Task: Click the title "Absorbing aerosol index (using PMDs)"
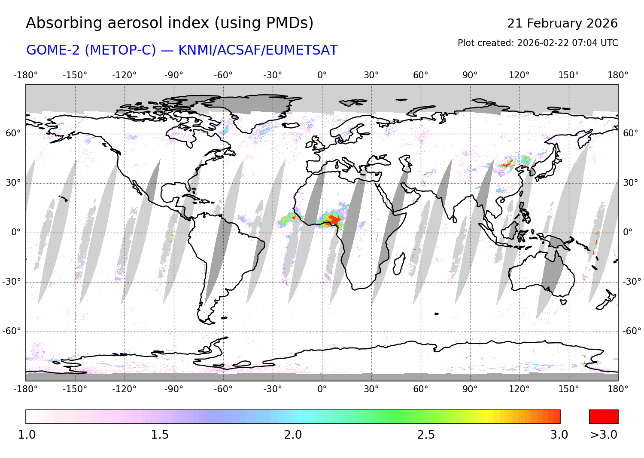click(170, 23)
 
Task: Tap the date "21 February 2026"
click(562, 23)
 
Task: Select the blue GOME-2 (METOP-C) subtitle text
click(182, 50)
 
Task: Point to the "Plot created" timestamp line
click(538, 43)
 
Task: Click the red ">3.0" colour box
click(604, 417)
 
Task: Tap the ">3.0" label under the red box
click(604, 435)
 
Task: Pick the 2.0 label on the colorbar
click(293, 435)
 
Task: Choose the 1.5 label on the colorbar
click(160, 435)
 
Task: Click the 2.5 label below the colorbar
click(426, 435)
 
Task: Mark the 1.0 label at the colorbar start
click(27, 435)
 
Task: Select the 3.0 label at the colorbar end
click(559, 435)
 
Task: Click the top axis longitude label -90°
click(173, 75)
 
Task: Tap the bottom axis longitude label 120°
click(519, 389)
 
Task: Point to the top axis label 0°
click(322, 75)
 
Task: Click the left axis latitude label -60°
click(12, 331)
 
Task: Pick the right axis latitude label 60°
click(631, 133)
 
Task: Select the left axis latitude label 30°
click(13, 183)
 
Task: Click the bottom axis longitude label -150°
click(75, 389)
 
